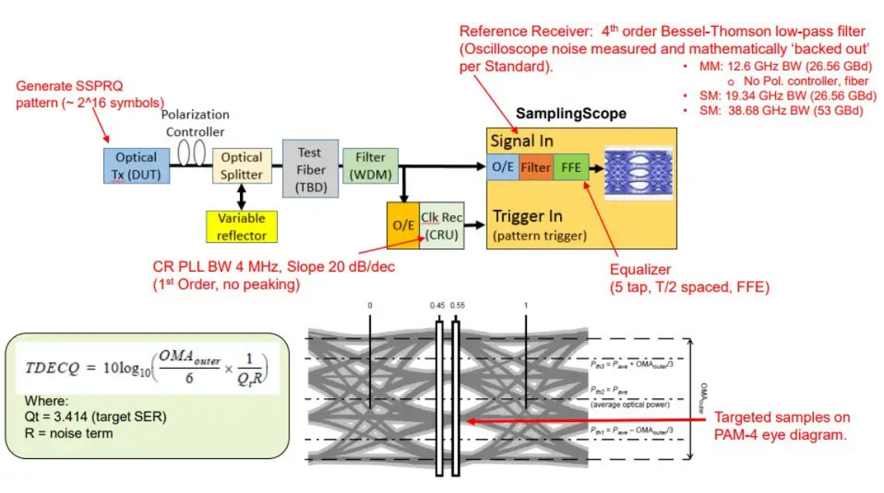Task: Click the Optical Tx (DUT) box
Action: (136, 166)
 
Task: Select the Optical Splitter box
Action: (241, 166)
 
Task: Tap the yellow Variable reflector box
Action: (241, 226)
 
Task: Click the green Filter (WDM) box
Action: (370, 166)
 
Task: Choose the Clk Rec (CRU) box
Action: (442, 225)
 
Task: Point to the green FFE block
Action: (572, 167)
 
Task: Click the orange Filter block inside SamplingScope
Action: (535, 167)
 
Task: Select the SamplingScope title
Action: (571, 114)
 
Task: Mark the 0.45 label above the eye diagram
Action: (437, 306)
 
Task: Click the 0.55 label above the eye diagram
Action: (459, 306)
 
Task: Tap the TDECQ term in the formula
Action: (49, 366)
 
